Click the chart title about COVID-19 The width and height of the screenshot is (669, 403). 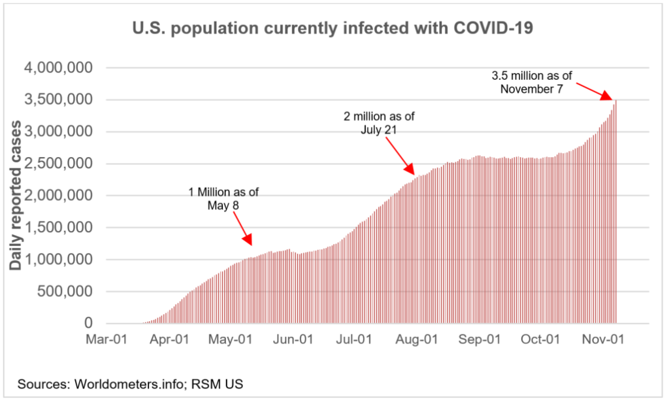pos(334,28)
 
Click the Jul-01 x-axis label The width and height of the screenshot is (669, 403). pos(355,340)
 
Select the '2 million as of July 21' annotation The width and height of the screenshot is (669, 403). pos(379,123)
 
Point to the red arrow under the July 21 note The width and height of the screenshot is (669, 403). pos(402,158)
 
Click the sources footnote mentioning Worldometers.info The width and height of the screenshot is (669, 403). pos(131,384)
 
